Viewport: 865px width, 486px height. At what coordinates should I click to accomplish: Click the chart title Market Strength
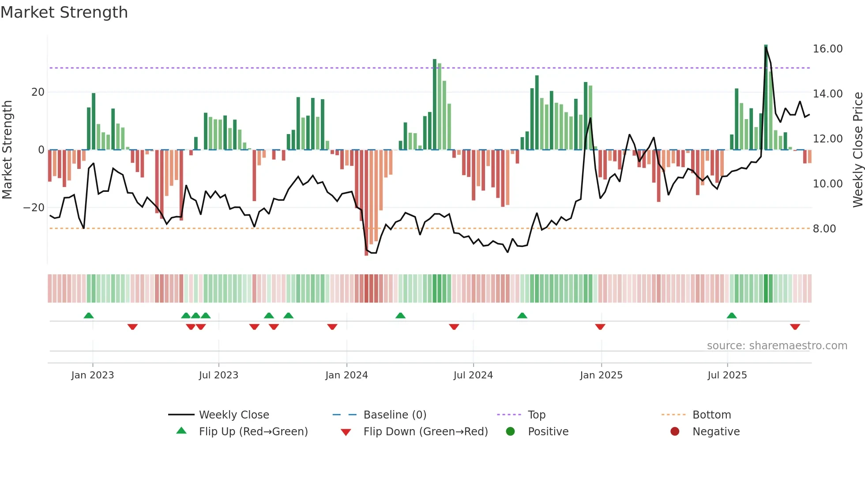[64, 12]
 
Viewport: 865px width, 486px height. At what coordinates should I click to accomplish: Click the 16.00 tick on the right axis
[827, 49]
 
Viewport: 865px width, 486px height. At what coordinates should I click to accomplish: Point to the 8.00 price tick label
[824, 229]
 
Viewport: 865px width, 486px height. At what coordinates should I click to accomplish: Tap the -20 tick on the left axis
[34, 208]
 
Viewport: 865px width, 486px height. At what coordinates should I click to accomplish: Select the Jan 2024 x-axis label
[346, 375]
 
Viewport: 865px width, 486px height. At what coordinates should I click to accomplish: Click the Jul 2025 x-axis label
[727, 375]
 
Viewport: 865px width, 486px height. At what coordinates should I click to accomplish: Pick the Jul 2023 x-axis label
[218, 375]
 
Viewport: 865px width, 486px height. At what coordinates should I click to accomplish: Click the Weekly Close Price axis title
[857, 150]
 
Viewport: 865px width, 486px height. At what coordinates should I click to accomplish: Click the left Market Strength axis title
[7, 150]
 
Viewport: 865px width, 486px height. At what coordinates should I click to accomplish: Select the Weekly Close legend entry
[233, 415]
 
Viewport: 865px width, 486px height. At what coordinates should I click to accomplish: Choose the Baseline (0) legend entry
[395, 415]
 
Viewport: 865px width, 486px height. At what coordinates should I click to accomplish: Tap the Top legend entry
[536, 415]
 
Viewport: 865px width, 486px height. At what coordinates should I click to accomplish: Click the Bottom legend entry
[711, 415]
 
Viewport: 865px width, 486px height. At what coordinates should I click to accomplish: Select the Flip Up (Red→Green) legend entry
[253, 432]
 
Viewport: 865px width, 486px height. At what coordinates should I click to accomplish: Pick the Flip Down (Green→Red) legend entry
[425, 432]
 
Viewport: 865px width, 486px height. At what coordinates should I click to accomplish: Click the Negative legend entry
[715, 432]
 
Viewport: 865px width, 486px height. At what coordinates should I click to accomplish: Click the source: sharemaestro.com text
[777, 346]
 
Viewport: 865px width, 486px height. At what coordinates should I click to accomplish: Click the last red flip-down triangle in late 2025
[795, 327]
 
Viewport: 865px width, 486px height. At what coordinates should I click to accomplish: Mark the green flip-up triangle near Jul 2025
[731, 315]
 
